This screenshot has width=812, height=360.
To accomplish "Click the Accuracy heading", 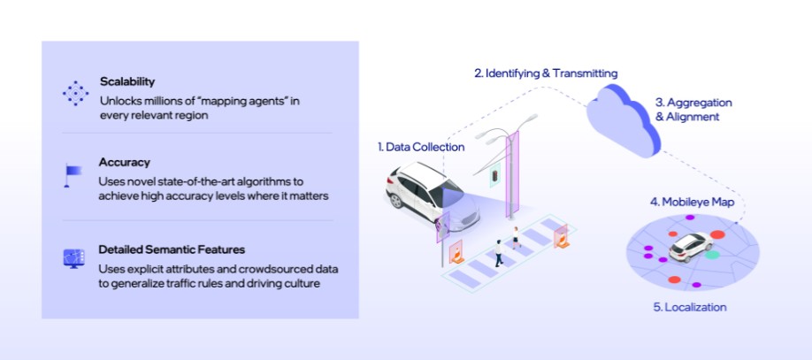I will pos(125,163).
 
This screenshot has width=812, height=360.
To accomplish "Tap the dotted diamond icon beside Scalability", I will pos(75,92).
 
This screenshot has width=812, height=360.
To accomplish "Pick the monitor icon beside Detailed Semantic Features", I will pos(73,258).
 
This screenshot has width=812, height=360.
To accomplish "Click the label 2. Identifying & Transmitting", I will pos(546,73).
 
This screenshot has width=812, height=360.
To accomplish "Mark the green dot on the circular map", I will pos(712,255).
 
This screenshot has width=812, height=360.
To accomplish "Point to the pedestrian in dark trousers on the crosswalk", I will pos(498,253).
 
